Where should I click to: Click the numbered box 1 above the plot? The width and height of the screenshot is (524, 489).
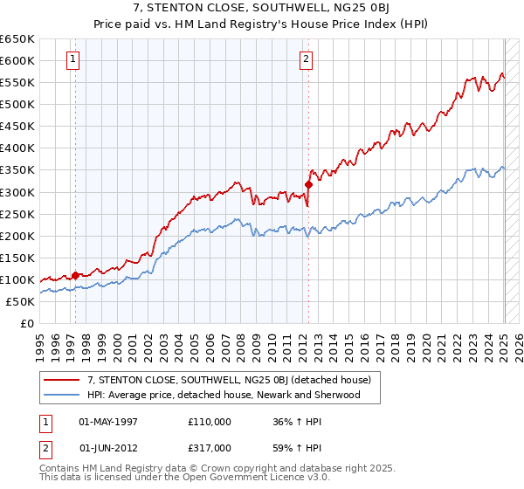[72, 59]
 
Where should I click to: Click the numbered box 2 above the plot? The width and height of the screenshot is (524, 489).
[307, 59]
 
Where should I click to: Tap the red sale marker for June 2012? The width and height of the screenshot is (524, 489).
[308, 184]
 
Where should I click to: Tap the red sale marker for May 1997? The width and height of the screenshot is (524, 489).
[75, 275]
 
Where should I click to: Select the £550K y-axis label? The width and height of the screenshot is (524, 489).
[18, 82]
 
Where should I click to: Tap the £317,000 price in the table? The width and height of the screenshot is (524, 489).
[210, 447]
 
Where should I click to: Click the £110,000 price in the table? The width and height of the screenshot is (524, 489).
[210, 422]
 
